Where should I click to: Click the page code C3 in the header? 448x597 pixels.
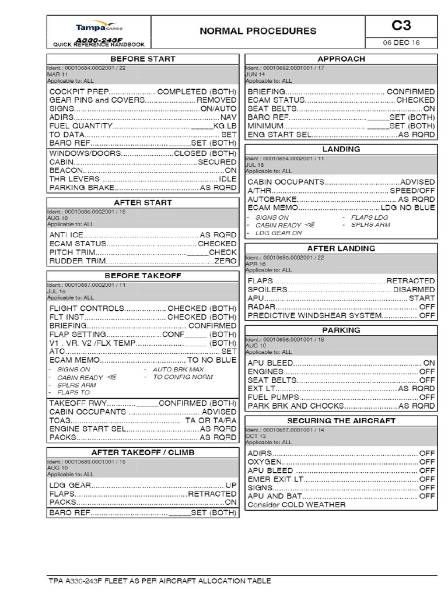point(401,25)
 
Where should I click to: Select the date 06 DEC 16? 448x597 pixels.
point(401,43)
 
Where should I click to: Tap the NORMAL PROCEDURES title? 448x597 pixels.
point(258,31)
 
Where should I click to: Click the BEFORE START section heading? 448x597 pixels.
point(142,59)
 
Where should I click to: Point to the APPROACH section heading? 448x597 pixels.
point(341,59)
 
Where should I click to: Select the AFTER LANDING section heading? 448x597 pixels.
point(341,248)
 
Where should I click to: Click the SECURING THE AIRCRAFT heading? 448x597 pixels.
point(341,420)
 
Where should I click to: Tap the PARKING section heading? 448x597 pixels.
point(341,330)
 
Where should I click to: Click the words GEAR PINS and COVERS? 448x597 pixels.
point(96,100)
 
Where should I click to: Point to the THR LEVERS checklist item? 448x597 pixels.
point(74,179)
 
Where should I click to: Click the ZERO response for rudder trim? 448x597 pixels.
point(226,261)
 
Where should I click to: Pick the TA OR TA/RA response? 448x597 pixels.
point(211,420)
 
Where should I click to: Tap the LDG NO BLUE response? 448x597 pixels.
point(408,208)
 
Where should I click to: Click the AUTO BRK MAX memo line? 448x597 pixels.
point(178,370)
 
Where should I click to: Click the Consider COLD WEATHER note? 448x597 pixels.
point(296,505)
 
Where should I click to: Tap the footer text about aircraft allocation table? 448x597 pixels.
point(160,581)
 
